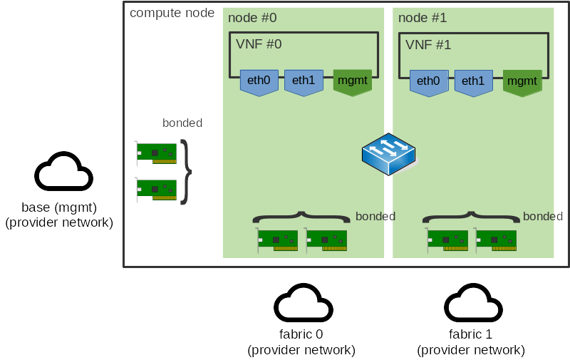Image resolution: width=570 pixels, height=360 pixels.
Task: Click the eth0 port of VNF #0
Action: coord(259,81)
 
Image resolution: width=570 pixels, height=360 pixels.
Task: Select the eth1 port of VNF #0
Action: coord(304,81)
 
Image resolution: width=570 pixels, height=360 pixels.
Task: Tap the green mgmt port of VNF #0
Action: coord(352,81)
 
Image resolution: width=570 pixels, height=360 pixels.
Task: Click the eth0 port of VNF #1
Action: coord(428,81)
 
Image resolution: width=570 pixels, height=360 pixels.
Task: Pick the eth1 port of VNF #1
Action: coord(473,81)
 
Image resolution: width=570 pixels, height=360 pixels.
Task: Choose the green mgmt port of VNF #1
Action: coord(522,81)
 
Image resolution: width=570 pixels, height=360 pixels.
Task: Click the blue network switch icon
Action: coord(388,154)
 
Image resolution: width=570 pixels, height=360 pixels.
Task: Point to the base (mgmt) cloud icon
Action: coord(63,172)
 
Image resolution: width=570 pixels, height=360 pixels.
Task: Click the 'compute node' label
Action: coord(172,13)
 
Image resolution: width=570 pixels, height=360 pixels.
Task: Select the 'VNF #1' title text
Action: coord(428,44)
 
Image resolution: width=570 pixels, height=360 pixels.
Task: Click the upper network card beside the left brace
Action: coord(155,153)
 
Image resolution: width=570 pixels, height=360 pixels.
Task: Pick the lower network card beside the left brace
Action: coord(155,190)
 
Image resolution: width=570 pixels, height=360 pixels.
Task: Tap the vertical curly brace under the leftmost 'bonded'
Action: coord(186,172)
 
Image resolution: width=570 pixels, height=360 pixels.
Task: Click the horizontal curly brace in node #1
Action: coord(471,216)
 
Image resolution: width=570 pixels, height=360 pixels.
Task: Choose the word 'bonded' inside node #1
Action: coord(543,216)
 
